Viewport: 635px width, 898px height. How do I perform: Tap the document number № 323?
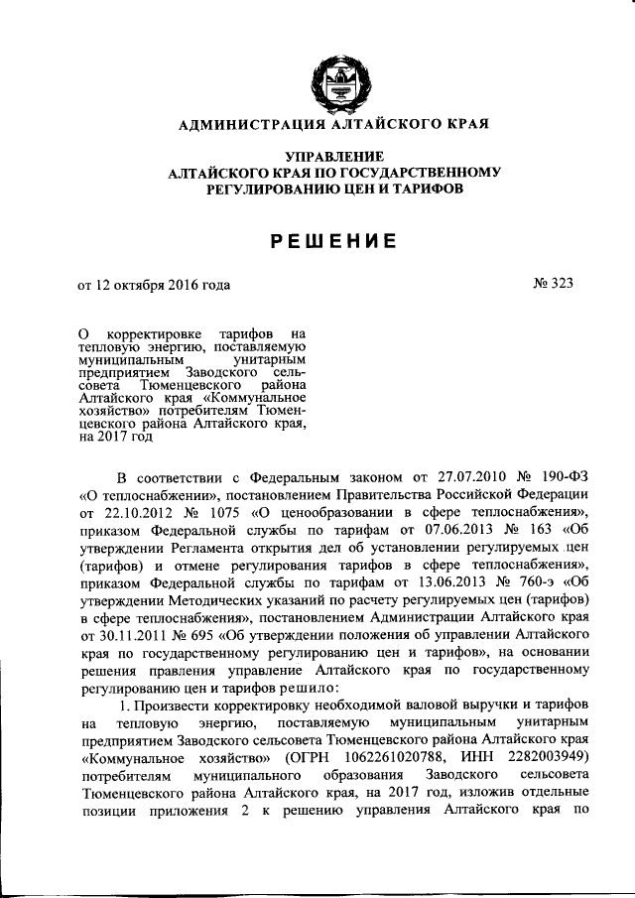click(553, 284)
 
